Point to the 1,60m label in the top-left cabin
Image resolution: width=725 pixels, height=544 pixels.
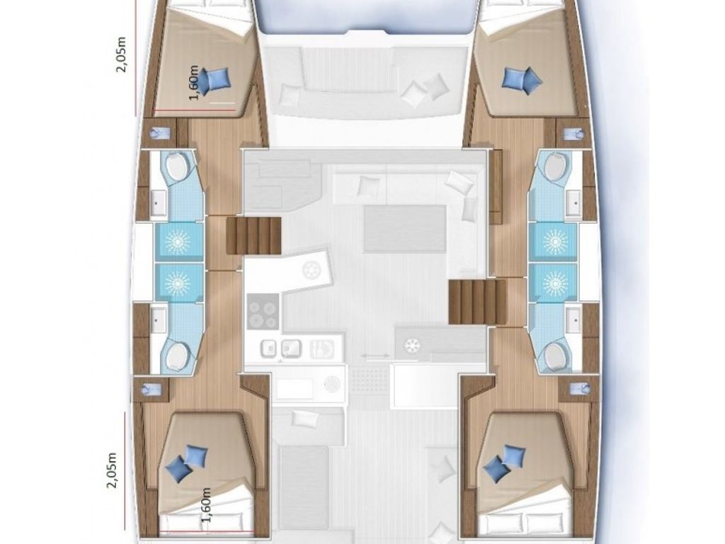pos(193,82)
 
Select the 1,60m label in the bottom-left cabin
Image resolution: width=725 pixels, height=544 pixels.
pos(206,505)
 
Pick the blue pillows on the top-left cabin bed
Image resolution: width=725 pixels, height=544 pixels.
pos(215,79)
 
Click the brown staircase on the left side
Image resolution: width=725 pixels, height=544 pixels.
pos(253,235)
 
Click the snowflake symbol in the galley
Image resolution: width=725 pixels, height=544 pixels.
pos(411,346)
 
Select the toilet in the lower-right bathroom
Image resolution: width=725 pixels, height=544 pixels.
pos(555,354)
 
